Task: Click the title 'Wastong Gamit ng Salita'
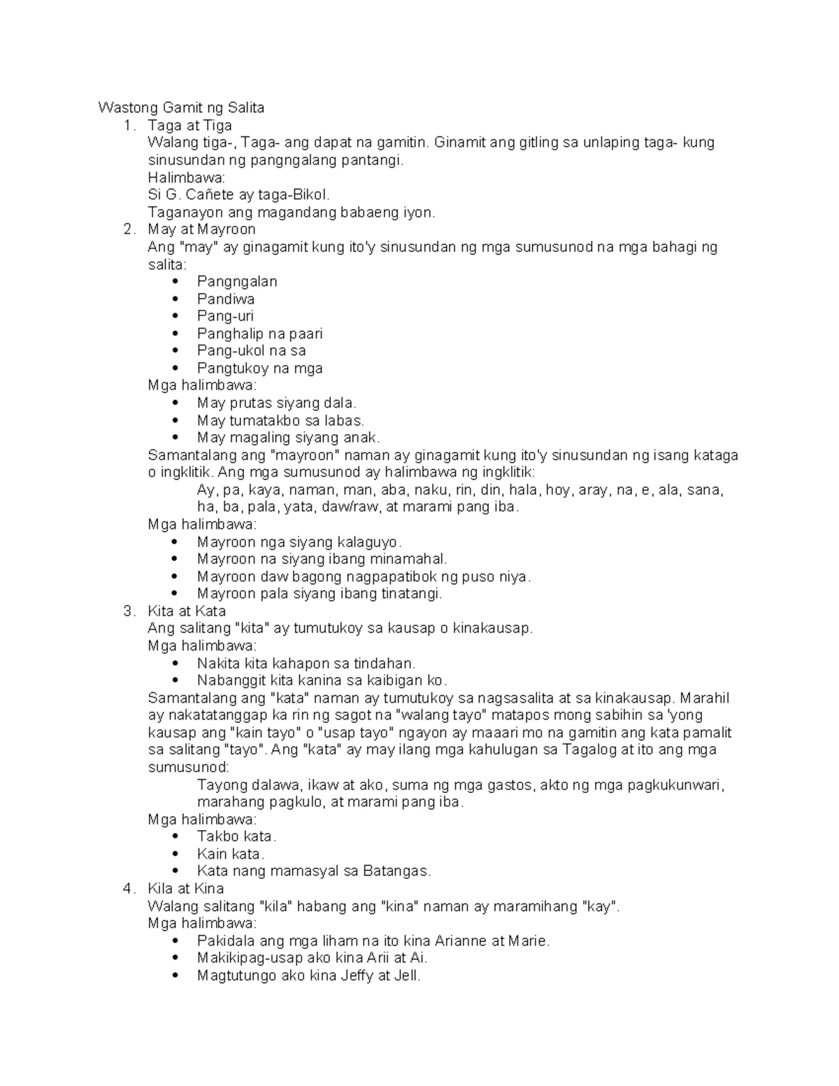click(181, 108)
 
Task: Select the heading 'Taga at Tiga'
click(189, 125)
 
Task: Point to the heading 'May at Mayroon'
click(201, 229)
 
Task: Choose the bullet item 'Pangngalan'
click(237, 281)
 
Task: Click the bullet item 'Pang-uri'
click(225, 316)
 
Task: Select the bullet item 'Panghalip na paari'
click(259, 334)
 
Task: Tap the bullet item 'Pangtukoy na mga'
click(259, 368)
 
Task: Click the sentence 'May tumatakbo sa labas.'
click(280, 420)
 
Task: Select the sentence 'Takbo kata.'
click(236, 836)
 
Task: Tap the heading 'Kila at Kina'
click(185, 889)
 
